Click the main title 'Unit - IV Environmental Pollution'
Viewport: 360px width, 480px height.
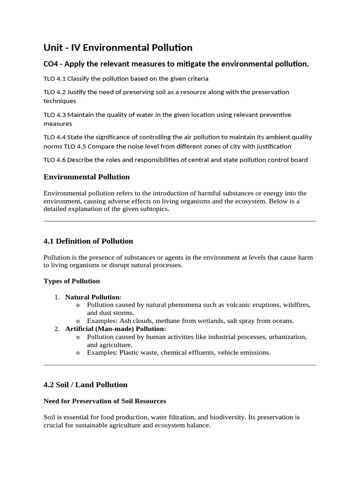pyautogui.click(x=118, y=47)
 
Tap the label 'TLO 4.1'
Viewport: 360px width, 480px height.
pyautogui.click(x=54, y=79)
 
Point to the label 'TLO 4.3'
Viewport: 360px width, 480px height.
pyautogui.click(x=54, y=115)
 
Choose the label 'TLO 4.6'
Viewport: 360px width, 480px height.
pyautogui.click(x=54, y=160)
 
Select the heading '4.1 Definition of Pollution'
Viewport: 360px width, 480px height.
pyautogui.click(x=88, y=241)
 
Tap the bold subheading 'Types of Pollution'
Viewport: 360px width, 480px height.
pyautogui.click(x=72, y=281)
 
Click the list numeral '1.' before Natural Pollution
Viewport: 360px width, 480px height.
pyautogui.click(x=57, y=297)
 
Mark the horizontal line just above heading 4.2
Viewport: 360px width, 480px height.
pyautogui.click(x=180, y=365)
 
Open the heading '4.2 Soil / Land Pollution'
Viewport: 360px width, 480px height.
pyautogui.click(x=85, y=385)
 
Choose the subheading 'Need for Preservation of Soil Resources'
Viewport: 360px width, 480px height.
pyautogui.click(x=105, y=401)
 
